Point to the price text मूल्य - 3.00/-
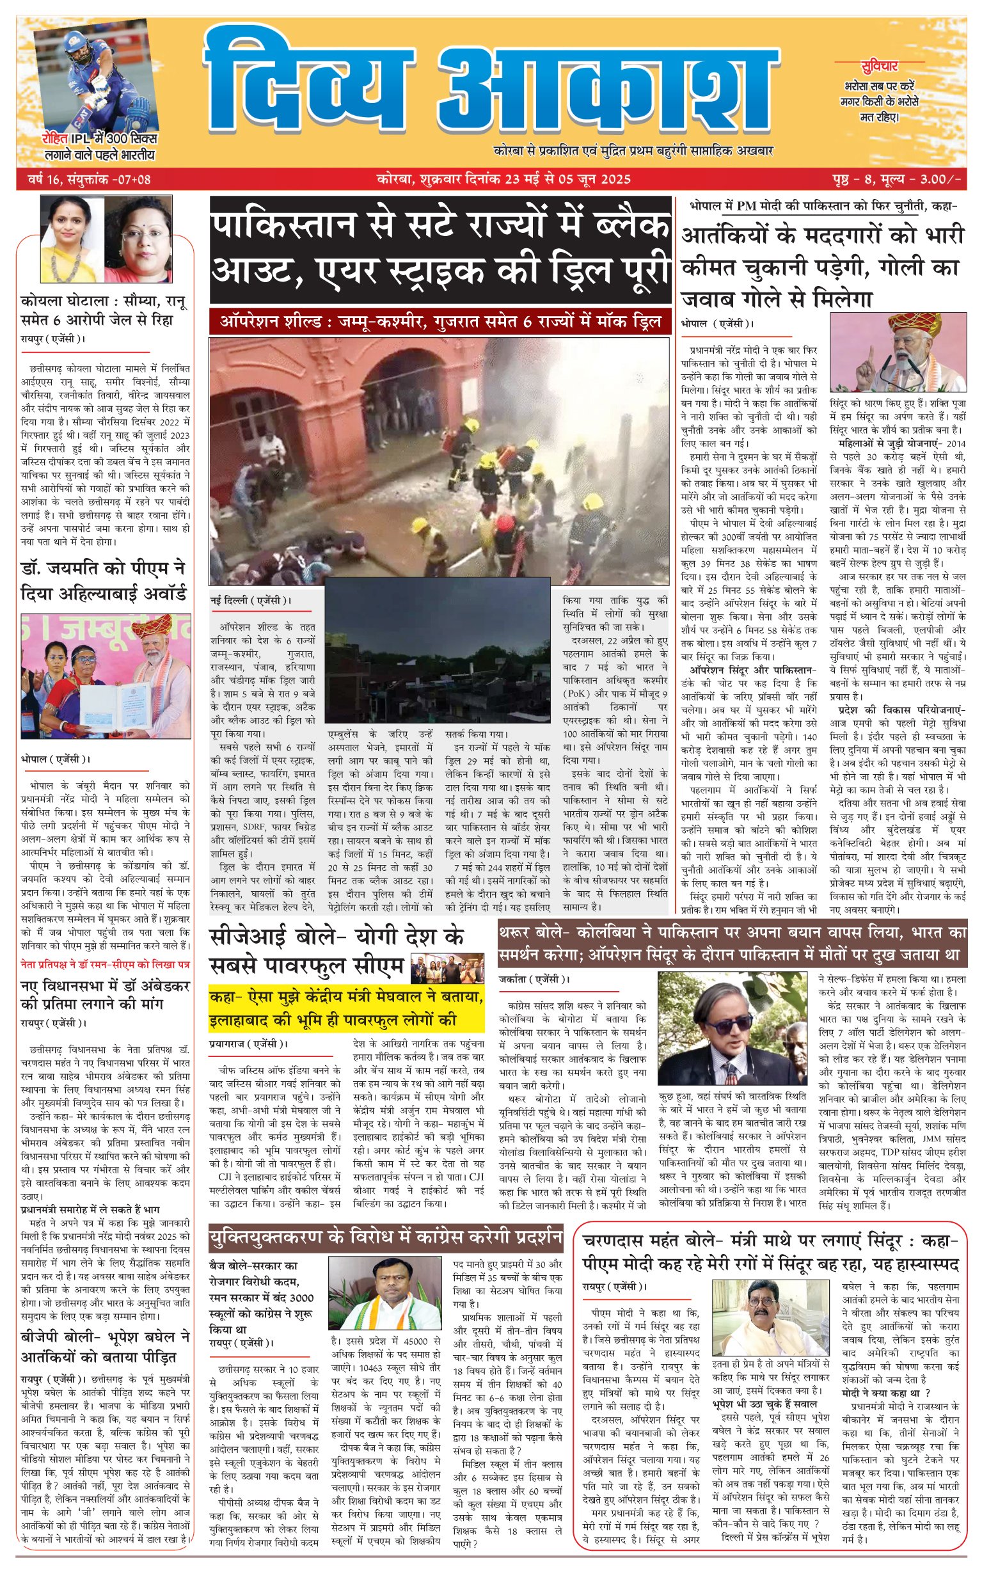tap(922, 179)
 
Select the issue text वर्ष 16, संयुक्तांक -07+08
tap(89, 179)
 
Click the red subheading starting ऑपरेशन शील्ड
tap(440, 322)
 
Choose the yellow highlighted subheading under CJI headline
tap(346, 1008)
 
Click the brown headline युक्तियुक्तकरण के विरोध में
tap(386, 1238)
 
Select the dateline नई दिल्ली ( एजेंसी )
tap(251, 601)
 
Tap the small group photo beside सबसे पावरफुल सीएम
tap(447, 967)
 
